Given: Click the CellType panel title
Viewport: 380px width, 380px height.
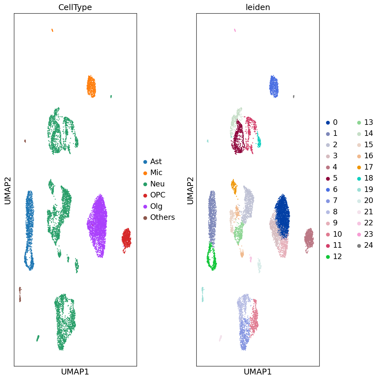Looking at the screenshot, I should [x=75, y=7].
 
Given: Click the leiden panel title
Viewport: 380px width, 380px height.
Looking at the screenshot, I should [x=258, y=7].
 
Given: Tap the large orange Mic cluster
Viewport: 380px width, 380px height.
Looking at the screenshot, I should [x=91, y=86].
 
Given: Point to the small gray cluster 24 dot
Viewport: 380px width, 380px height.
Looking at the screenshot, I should [x=294, y=96].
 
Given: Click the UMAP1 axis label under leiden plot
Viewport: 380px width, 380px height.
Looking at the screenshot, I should [x=258, y=372].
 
